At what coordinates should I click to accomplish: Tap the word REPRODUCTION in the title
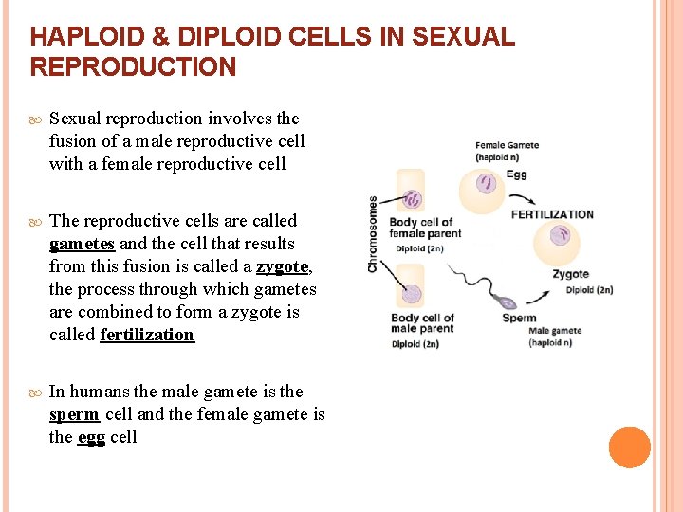pos(133,67)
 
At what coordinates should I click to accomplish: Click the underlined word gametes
pos(82,244)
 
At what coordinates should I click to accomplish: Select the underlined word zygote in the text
pos(282,266)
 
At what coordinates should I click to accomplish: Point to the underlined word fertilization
pos(147,335)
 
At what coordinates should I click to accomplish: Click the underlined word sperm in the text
pos(74,414)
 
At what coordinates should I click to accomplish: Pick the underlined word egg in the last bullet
pos(91,437)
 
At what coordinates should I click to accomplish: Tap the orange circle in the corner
pos(630,448)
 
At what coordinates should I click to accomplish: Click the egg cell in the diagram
pos(486,183)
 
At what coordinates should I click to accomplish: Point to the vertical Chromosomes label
pos(373,234)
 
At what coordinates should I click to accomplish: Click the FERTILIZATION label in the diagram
pos(552,214)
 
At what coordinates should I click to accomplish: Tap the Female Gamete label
pos(507,145)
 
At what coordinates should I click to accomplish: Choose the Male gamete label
pos(556,331)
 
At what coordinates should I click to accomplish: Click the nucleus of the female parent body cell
pos(413,199)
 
